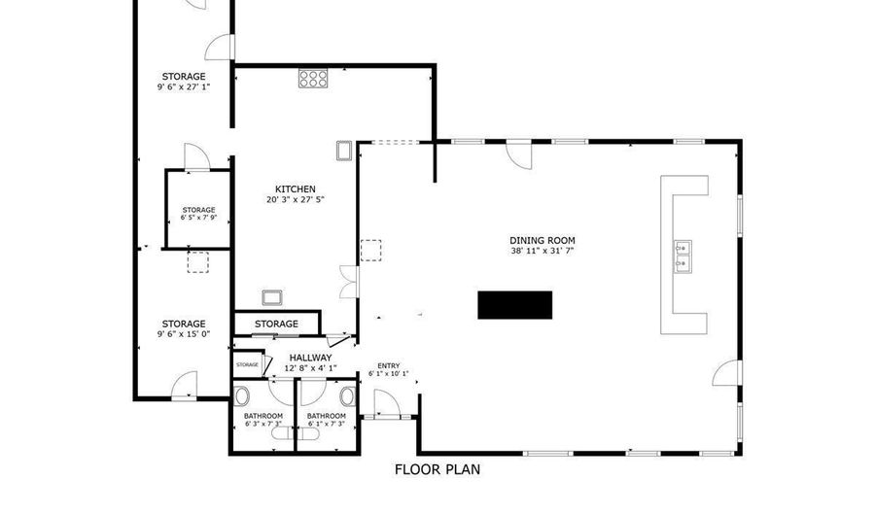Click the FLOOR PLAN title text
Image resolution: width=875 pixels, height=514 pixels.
point(437,469)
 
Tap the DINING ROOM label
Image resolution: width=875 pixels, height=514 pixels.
point(542,240)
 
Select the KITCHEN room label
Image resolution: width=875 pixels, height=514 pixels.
point(295,189)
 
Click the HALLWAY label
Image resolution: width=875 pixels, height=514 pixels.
point(311,358)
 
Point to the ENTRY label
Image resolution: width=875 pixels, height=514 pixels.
point(388,365)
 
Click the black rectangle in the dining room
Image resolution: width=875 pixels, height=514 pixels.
point(514,304)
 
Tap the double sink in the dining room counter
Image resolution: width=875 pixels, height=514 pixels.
point(682,255)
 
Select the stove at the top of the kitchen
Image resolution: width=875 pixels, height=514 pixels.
point(312,78)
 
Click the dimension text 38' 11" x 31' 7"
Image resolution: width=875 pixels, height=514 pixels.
point(542,251)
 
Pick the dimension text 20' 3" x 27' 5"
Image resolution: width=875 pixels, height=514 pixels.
point(295,200)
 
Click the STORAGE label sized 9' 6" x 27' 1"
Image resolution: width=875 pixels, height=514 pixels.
point(184,76)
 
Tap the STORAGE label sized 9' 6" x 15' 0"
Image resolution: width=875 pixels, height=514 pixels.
point(184,324)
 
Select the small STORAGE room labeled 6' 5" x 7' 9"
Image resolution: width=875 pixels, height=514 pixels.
point(198,210)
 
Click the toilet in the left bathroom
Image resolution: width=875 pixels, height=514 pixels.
point(242,395)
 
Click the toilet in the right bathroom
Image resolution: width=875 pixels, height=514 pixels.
point(348,395)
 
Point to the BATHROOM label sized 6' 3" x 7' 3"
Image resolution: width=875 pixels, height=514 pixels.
point(262,416)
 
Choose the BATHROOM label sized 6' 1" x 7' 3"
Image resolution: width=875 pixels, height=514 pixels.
point(327,416)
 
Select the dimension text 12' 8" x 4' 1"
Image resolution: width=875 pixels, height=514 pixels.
point(311,368)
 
